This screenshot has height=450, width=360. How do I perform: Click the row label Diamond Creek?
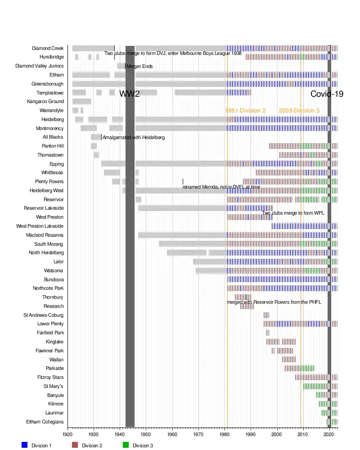coord(48,49)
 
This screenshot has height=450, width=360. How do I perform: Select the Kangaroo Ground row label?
coord(45,102)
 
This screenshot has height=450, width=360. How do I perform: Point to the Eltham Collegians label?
coord(45,422)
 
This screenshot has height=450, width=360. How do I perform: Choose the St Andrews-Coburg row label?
coord(44,315)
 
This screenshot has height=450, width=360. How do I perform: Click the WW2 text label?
coord(130,94)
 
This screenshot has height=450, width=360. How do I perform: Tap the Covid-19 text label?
coord(327,94)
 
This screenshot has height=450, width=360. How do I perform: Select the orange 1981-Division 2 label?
coord(245,111)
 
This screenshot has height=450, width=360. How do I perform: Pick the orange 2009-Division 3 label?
coord(299,111)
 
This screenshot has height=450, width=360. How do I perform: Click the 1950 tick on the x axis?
coord(146,435)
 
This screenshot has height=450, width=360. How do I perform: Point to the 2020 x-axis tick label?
coord(329,435)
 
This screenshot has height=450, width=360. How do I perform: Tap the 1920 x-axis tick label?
coord(67,435)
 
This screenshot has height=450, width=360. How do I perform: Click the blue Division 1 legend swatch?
coord(25,445)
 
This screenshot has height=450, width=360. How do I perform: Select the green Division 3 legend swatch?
coord(126,445)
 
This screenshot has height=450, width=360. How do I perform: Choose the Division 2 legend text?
coord(92,445)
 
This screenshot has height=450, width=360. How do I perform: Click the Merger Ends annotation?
coord(139,67)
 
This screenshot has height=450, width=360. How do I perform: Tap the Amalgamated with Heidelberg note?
coord(133,138)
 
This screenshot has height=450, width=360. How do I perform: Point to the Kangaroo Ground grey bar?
coord(82,102)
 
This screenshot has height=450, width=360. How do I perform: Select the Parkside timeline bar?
coord(299,369)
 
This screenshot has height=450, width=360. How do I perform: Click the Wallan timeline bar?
coord(289,360)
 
